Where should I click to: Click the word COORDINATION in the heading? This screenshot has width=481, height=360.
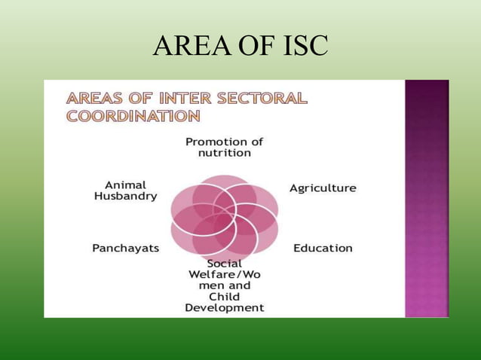point(133,117)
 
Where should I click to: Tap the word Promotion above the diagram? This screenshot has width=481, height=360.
point(215,141)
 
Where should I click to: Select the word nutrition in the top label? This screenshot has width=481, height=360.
point(225,152)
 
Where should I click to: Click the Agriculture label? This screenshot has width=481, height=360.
point(323,188)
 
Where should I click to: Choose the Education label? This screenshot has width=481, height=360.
point(323,248)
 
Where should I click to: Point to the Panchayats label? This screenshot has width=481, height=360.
point(126,248)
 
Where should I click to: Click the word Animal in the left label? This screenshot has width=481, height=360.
point(126,185)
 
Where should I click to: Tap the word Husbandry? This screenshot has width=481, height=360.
point(126,196)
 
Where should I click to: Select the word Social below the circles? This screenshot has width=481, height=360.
point(225,264)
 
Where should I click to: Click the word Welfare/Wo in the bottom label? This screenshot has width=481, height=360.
point(225,275)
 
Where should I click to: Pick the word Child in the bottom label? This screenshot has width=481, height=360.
point(225,297)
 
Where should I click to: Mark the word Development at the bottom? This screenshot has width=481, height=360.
point(225,308)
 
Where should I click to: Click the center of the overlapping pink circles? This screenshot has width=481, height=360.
point(225,218)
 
